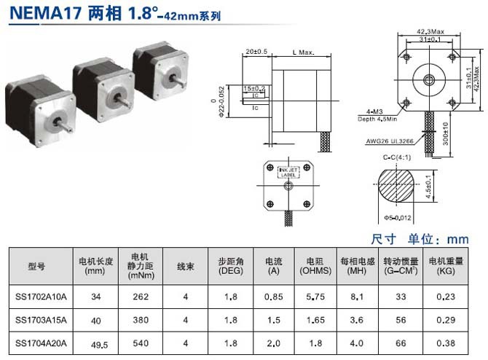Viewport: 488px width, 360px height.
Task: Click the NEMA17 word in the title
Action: tap(36, 14)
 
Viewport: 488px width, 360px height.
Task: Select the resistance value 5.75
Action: tap(315, 297)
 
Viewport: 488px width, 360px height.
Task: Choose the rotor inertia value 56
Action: tap(400, 320)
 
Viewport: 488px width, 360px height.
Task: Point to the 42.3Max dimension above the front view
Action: tap(430, 32)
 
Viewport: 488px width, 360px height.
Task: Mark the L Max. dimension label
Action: tap(302, 52)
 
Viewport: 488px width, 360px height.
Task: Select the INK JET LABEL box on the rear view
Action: tap(289, 173)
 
